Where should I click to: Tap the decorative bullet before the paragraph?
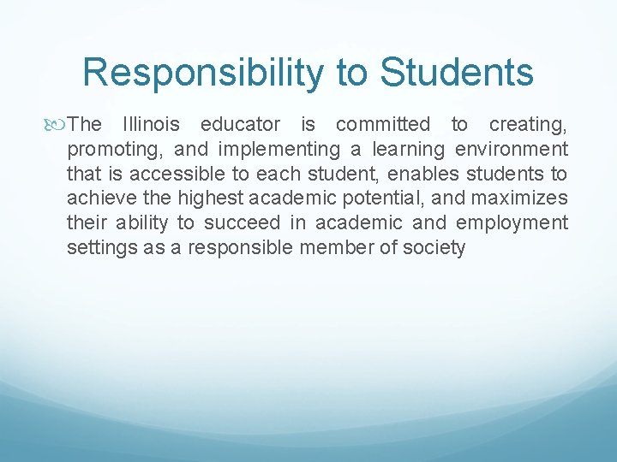coord(57,125)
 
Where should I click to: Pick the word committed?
coord(384,125)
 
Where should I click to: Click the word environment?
coord(512,150)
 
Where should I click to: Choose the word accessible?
coord(166,175)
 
